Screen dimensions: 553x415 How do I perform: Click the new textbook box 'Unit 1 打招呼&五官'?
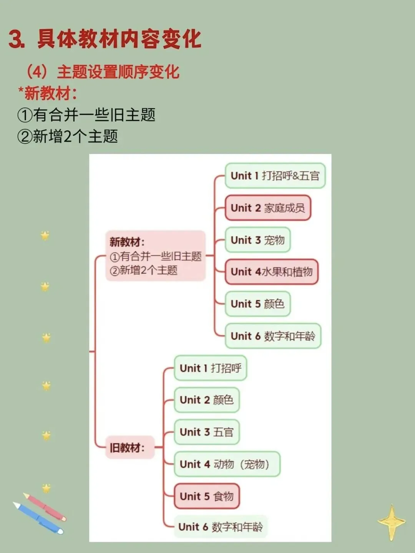click(x=275, y=176)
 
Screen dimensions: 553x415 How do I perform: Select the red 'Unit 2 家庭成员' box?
click(x=267, y=208)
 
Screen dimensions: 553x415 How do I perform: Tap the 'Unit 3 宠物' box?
click(x=257, y=240)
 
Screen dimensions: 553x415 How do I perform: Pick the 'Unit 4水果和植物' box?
click(x=271, y=272)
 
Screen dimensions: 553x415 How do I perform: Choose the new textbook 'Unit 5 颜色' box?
click(x=257, y=304)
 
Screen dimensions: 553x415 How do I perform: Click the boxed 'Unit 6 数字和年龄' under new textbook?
click(x=272, y=336)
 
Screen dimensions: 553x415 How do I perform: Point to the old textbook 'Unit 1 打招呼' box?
click(x=210, y=368)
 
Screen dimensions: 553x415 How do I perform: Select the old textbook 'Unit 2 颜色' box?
click(x=206, y=400)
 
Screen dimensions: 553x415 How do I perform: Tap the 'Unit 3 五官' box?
click(x=206, y=432)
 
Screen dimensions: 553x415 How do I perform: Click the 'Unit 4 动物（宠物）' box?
click(x=227, y=464)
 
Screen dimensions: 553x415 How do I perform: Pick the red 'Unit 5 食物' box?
click(x=206, y=496)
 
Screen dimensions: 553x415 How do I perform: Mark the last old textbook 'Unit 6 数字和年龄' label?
click(x=221, y=527)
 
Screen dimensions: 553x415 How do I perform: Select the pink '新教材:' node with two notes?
click(x=155, y=256)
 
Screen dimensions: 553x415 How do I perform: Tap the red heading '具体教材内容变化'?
click(x=119, y=39)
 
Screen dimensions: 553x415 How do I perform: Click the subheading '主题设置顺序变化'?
click(x=118, y=72)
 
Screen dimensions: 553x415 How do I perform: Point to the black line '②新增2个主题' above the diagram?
click(x=68, y=136)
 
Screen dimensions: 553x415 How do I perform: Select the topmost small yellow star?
click(x=45, y=235)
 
